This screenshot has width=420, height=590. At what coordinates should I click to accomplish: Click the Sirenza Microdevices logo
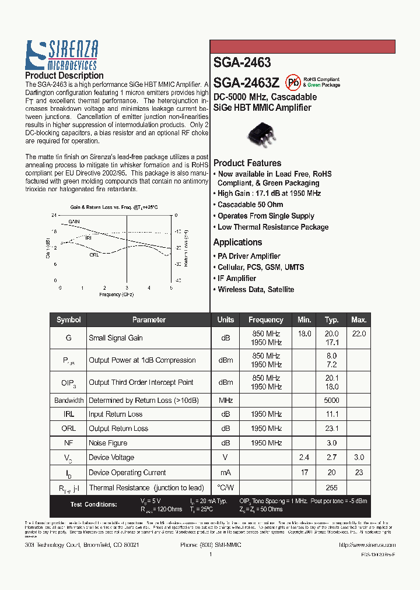click(61, 55)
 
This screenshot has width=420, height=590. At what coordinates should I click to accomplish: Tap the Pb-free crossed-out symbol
click(292, 82)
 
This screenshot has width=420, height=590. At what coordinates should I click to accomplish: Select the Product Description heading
click(64, 76)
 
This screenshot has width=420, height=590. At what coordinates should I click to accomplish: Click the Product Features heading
click(247, 163)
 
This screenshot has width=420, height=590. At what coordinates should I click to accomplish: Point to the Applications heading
click(237, 243)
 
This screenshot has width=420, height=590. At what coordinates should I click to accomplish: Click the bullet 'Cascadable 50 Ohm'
click(250, 205)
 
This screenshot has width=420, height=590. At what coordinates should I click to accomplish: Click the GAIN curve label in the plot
click(74, 222)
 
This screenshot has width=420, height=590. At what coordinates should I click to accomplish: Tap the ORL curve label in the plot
click(94, 255)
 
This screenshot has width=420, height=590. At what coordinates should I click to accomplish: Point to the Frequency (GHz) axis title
click(116, 295)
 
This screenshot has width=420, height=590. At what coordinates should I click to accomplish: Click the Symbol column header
click(69, 320)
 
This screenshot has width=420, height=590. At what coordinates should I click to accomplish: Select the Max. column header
click(359, 320)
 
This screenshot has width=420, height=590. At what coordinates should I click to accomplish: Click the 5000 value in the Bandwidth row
click(331, 401)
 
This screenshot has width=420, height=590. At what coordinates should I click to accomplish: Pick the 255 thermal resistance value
click(331, 488)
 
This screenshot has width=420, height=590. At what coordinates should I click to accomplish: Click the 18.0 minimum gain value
click(304, 333)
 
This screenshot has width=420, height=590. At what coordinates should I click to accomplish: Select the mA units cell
click(226, 473)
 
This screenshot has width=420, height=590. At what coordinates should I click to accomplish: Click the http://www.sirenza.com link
click(367, 545)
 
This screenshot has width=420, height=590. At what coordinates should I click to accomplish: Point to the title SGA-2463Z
click(246, 83)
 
